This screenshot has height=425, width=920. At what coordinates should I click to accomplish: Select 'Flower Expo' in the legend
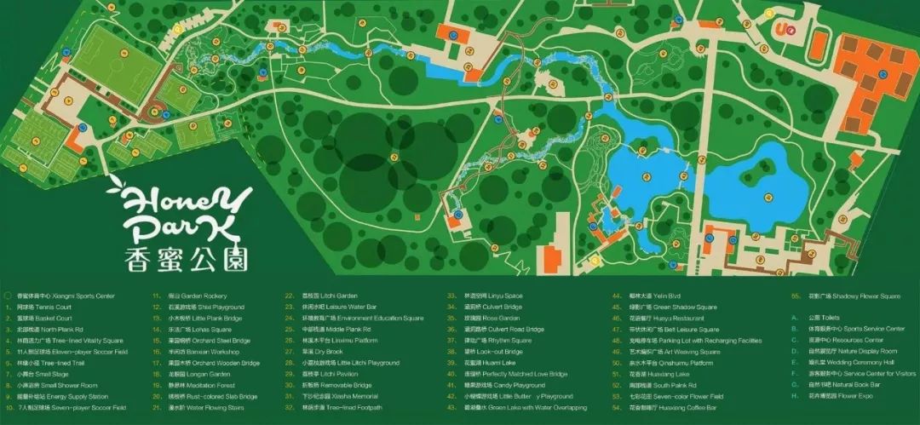(844, 397)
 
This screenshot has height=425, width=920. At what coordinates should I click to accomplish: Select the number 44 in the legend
(616, 296)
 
